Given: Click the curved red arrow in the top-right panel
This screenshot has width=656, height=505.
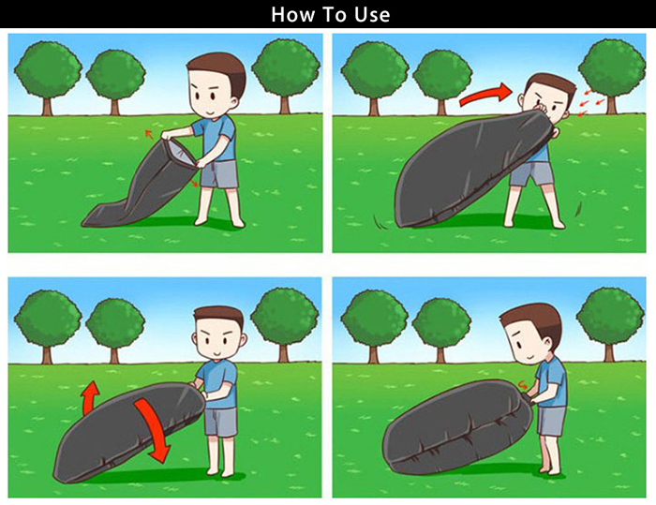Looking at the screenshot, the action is click(x=485, y=95).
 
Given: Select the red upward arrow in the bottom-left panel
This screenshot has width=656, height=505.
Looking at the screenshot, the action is click(x=90, y=397).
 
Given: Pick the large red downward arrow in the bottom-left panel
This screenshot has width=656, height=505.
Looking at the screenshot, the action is click(x=153, y=429).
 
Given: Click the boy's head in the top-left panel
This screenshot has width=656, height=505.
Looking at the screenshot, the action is click(x=216, y=88).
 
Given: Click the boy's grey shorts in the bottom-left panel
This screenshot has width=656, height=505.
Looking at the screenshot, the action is click(x=220, y=423).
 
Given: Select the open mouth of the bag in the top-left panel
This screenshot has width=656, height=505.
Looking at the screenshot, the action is click(x=180, y=154).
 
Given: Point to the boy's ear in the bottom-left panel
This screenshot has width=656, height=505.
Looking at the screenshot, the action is click(x=244, y=340).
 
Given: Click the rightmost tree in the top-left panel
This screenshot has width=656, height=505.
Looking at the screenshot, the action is click(x=286, y=75).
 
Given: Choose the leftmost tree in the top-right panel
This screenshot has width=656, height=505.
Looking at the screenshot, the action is click(x=374, y=79).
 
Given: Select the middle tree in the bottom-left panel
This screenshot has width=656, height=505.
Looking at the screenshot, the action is click(x=115, y=329).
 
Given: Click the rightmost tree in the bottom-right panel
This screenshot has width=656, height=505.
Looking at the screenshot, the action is click(x=610, y=323).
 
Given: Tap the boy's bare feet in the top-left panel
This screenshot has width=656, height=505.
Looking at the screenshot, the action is click(x=220, y=223).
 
